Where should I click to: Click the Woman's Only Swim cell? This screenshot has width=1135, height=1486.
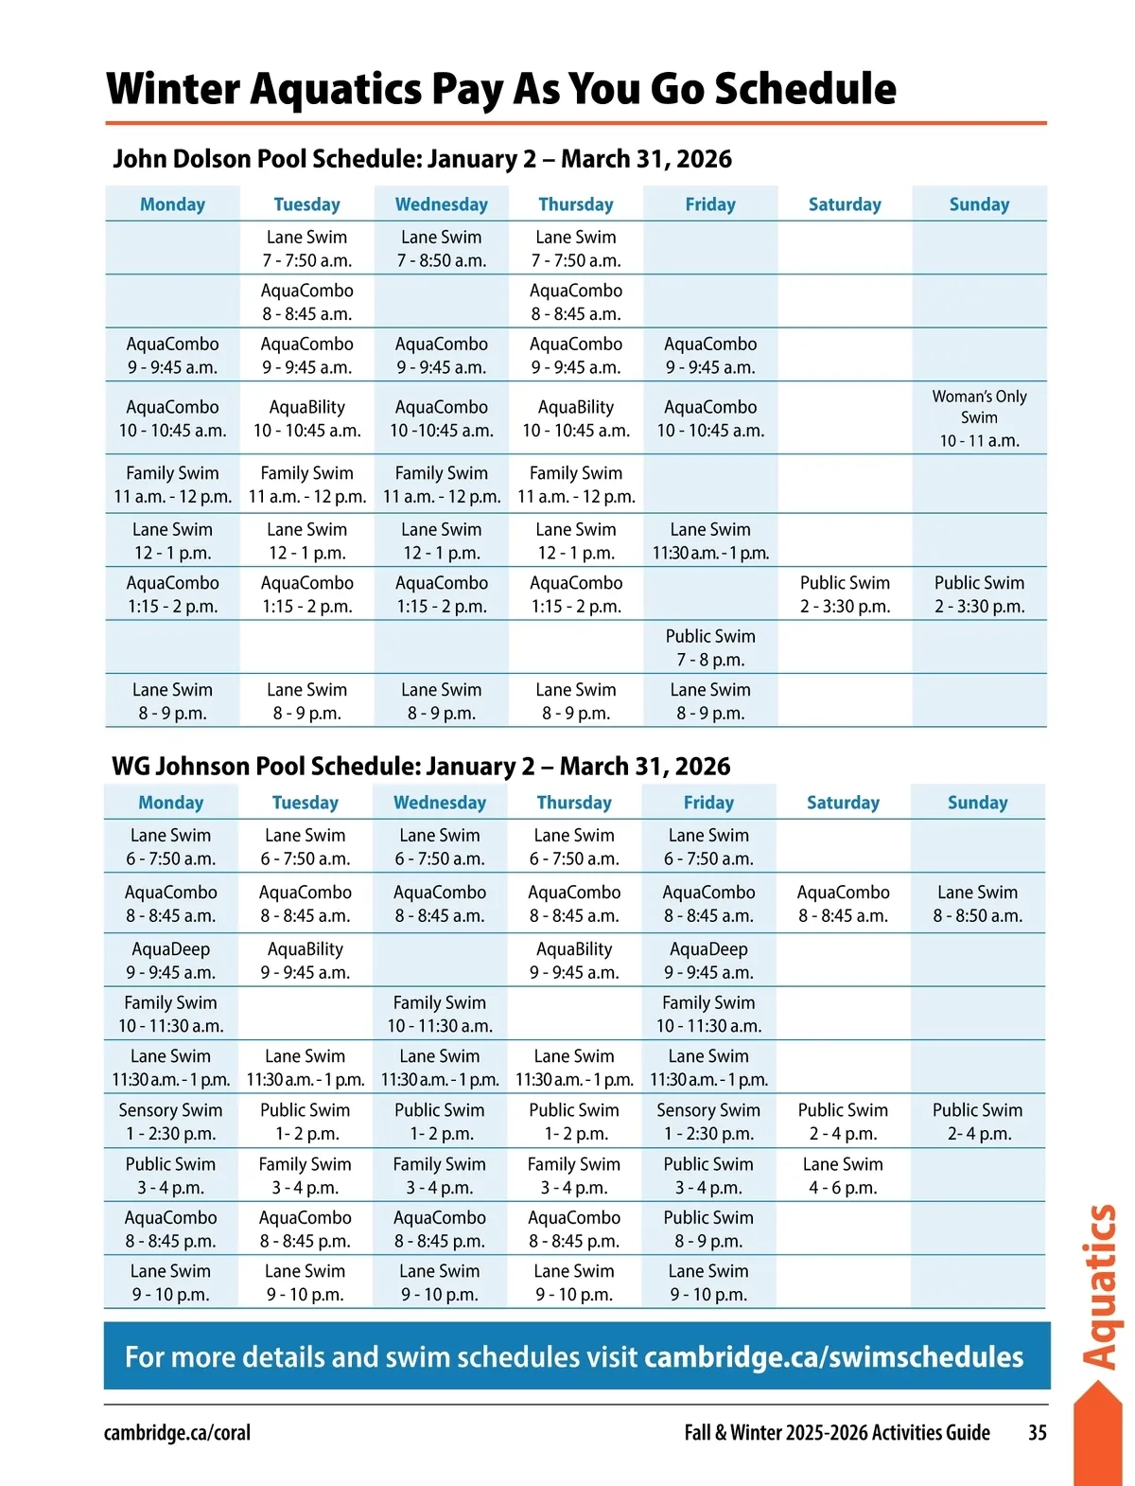click(979, 418)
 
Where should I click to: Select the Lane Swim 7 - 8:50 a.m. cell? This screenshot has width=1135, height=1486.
click(442, 249)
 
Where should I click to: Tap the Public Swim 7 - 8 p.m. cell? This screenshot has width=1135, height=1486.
click(710, 648)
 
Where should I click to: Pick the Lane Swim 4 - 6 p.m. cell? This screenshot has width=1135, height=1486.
click(843, 1176)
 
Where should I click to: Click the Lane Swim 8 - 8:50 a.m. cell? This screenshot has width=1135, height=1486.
click(977, 904)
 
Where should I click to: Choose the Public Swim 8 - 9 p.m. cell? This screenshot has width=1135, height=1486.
click(708, 1229)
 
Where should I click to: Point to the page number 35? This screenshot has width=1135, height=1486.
click(1037, 1432)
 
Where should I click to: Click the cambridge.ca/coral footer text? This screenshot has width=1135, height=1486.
click(177, 1432)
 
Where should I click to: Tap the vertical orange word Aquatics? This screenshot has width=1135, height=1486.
click(1100, 1287)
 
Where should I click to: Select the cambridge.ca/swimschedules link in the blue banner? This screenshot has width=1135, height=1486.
click(833, 1357)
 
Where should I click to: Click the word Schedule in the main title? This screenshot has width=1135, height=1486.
click(805, 88)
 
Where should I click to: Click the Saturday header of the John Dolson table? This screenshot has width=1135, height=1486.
click(845, 204)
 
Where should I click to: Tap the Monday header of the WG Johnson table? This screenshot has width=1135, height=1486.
click(171, 803)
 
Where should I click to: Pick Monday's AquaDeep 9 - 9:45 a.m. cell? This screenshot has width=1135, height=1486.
click(171, 961)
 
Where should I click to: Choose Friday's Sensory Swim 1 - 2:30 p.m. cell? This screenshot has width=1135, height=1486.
click(708, 1122)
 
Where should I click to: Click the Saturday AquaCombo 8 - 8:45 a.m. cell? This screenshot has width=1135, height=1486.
click(843, 904)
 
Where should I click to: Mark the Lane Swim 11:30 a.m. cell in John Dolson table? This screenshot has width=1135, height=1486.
click(710, 541)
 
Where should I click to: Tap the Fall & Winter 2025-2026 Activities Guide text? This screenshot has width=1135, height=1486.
click(837, 1432)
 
